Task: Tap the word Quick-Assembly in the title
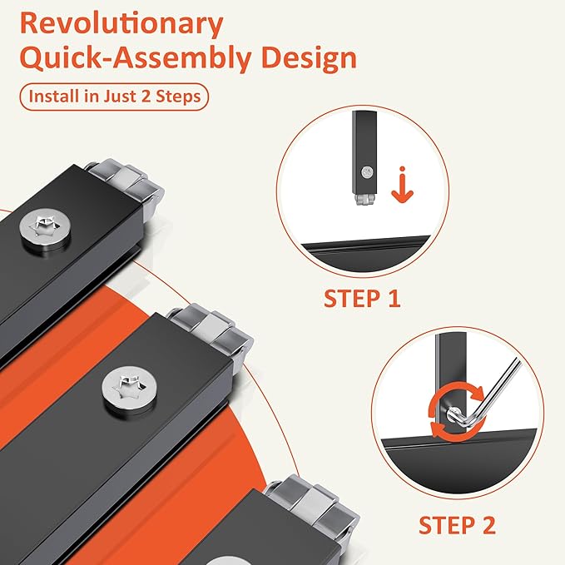pos(137,58)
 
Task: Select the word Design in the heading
pos(310,58)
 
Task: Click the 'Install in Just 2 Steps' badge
pos(114,97)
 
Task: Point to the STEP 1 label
pos(362,299)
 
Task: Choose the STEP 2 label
pos(457,525)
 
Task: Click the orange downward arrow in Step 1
pos(402,185)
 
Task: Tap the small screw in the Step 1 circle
pos(367,172)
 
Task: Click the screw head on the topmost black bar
pos(45,229)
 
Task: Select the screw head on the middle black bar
pos(129,391)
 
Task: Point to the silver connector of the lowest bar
pos(312,509)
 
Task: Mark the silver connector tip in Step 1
pos(365,200)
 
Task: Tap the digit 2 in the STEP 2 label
pos(489,525)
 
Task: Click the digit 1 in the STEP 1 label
pos(394,299)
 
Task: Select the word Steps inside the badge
pos(178,97)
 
